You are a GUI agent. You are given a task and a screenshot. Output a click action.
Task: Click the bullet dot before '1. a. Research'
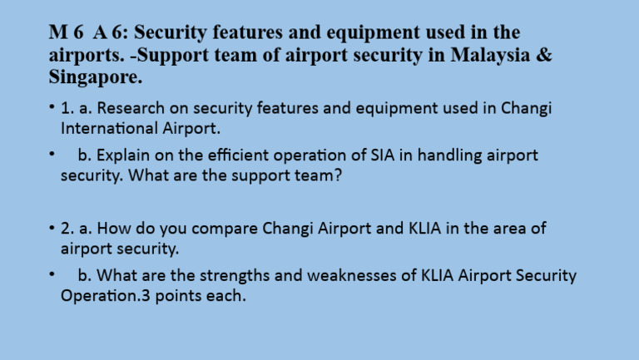[52, 109]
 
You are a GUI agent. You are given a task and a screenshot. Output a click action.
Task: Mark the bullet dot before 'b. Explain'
[52, 155]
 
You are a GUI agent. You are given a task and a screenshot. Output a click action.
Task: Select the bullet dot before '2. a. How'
[52, 229]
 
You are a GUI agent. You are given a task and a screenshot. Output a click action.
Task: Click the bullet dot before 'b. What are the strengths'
[52, 275]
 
